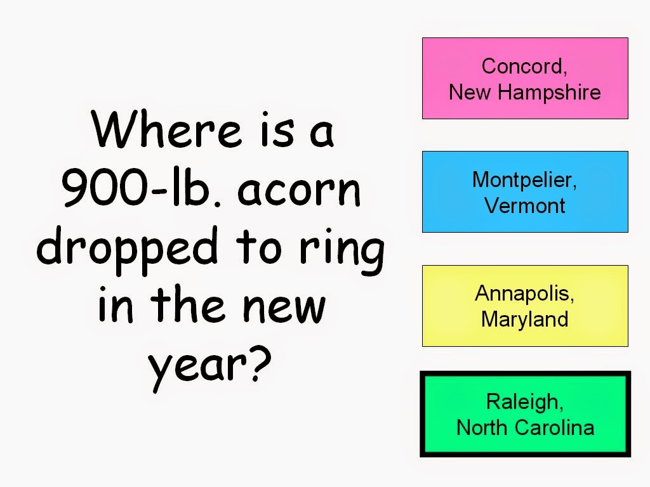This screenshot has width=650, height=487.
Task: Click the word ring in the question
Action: pyautogui.click(x=342, y=251)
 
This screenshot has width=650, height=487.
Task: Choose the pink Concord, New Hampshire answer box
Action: pyautogui.click(x=525, y=78)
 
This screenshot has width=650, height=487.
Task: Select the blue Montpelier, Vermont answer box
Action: pyautogui.click(x=525, y=192)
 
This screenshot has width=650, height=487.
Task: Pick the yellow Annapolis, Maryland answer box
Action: pyautogui.click(x=525, y=306)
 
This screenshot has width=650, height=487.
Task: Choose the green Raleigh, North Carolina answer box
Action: pyautogui.click(x=525, y=414)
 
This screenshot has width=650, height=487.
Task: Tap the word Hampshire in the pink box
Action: pyautogui.click(x=549, y=93)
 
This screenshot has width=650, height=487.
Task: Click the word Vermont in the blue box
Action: pyautogui.click(x=524, y=205)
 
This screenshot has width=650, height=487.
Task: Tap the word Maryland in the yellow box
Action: pyautogui.click(x=524, y=320)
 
